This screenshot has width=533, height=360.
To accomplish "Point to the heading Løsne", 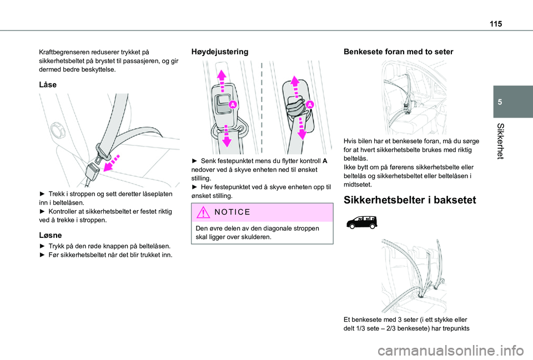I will (x=49, y=235).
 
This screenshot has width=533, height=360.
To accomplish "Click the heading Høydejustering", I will (x=220, y=52).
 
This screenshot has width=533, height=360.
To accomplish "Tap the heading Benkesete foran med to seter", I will (x=399, y=52).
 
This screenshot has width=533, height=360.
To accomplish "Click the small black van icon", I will (x=360, y=222).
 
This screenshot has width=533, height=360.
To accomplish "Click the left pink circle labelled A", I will (x=233, y=104).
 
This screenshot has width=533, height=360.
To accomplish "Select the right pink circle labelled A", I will (x=309, y=104).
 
